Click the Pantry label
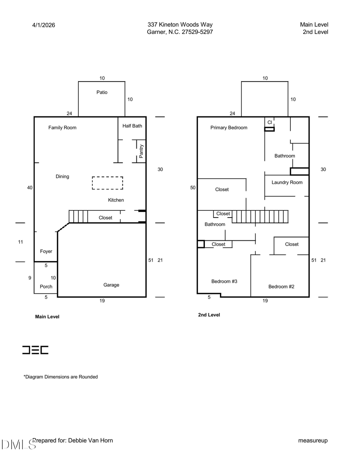pos(141,151)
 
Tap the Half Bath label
pos(132,126)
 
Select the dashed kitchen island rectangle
pos(108,183)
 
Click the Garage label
pos(111,285)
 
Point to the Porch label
pos(46,286)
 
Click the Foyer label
pos(46,251)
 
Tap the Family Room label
pos(62,128)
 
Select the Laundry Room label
pos(287,182)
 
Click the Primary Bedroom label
pos(229,128)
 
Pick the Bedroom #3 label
pos(224,281)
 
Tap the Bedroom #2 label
pos(281,286)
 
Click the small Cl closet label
pos(270,122)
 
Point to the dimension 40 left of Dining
pos(30,188)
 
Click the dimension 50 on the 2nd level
pos(193,188)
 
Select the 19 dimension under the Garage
pos(102,301)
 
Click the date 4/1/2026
pos(44,25)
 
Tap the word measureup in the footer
pos(313,440)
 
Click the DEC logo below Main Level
pos(35,350)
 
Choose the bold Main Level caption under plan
pos(47,317)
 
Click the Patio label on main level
pos(102,92)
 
